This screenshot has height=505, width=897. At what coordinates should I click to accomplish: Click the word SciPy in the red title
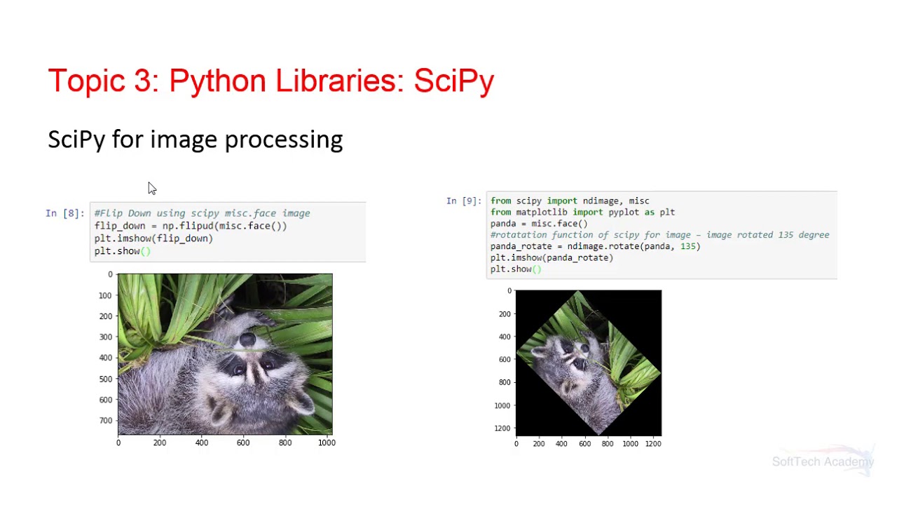453,81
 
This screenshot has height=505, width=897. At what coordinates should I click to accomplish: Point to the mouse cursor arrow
151,188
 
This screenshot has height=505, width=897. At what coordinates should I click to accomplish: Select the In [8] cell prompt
64,213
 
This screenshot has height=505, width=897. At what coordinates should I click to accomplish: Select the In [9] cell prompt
464,201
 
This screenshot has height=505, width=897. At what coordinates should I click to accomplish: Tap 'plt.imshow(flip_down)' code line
153,238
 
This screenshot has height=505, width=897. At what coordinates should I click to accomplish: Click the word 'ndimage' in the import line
601,201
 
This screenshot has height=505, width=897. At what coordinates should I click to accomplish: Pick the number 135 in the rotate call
690,246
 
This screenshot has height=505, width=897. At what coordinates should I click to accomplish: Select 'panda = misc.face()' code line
539,224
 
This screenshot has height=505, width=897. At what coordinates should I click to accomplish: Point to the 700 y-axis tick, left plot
105,421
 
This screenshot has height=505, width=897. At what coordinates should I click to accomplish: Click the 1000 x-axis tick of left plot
327,443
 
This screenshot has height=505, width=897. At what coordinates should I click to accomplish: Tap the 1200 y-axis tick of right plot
502,429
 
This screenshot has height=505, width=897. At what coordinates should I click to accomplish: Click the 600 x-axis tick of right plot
584,443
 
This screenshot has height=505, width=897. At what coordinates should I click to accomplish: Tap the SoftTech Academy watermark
823,462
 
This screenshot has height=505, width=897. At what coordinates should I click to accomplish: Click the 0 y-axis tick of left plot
110,275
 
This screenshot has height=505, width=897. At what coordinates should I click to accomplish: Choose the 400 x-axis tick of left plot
202,443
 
